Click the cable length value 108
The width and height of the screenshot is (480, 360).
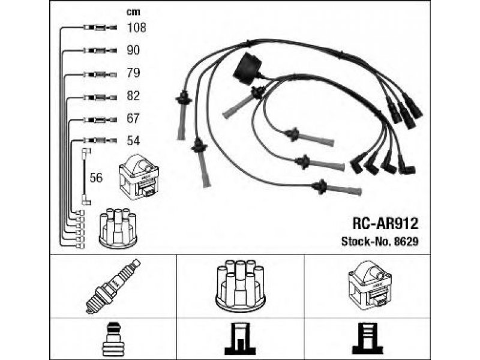(137, 28)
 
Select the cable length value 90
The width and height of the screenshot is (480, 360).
(133, 50)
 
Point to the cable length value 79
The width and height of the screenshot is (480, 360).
(133, 73)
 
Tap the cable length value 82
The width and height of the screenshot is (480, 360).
(133, 96)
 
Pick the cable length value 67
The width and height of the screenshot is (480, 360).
(133, 118)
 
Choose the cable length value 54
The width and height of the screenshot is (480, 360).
(133, 141)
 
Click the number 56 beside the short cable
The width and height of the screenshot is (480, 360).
(96, 178)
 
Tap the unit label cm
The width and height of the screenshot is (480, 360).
(133, 12)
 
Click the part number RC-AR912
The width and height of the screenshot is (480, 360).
(385, 223)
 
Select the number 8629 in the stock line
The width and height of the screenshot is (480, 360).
(406, 242)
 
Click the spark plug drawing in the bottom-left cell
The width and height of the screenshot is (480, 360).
(113, 286)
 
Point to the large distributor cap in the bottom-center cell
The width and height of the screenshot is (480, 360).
(241, 286)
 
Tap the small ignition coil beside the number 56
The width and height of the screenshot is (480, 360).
(139, 176)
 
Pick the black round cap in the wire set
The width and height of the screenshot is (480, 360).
(248, 69)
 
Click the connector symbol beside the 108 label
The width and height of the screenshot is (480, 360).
(100, 28)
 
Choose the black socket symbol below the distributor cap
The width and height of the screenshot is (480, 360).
(241, 338)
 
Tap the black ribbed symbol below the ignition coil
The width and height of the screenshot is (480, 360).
(368, 338)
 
